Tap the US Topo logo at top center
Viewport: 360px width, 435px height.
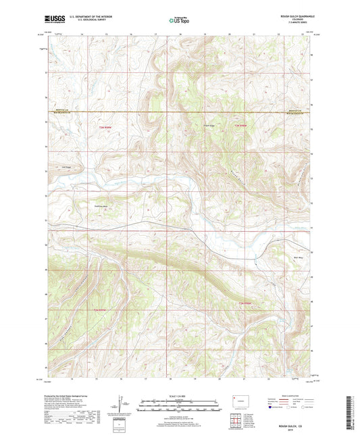pyautogui.click(x=180, y=20)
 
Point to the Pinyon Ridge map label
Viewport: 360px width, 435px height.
pyautogui.click(x=210, y=124)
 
